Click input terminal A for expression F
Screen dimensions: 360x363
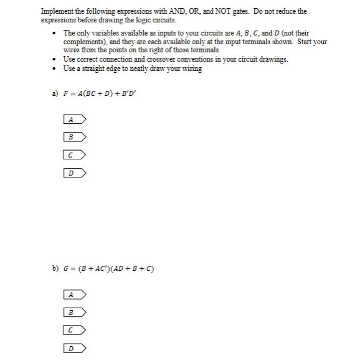click(x=74, y=119)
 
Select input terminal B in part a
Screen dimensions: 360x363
click(x=74, y=137)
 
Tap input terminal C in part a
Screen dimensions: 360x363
click(x=74, y=154)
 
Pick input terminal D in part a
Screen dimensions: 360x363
click(x=74, y=172)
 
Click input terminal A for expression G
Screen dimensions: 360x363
click(x=74, y=294)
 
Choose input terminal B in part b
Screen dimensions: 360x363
click(x=74, y=312)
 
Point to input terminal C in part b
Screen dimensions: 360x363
click(x=74, y=330)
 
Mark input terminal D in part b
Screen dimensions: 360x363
click(x=74, y=348)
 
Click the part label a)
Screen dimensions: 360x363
click(x=55, y=93)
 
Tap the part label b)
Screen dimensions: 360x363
click(x=55, y=268)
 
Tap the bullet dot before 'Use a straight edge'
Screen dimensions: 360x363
click(x=57, y=68)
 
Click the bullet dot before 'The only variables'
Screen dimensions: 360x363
click(x=57, y=33)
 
